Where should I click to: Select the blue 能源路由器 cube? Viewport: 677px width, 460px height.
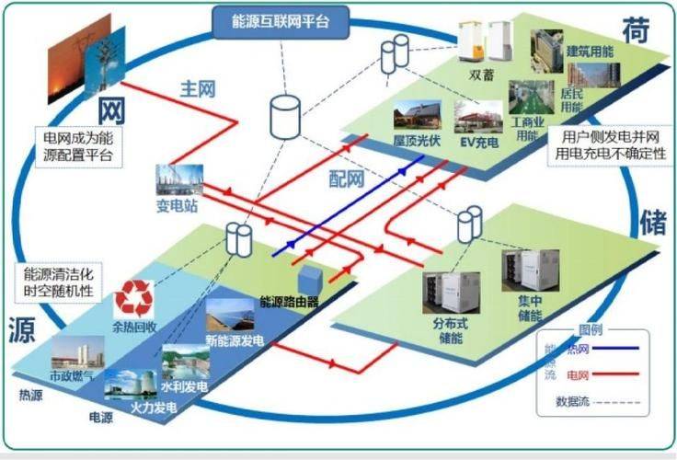[312, 279]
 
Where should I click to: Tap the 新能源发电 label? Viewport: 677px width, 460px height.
[235, 341]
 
